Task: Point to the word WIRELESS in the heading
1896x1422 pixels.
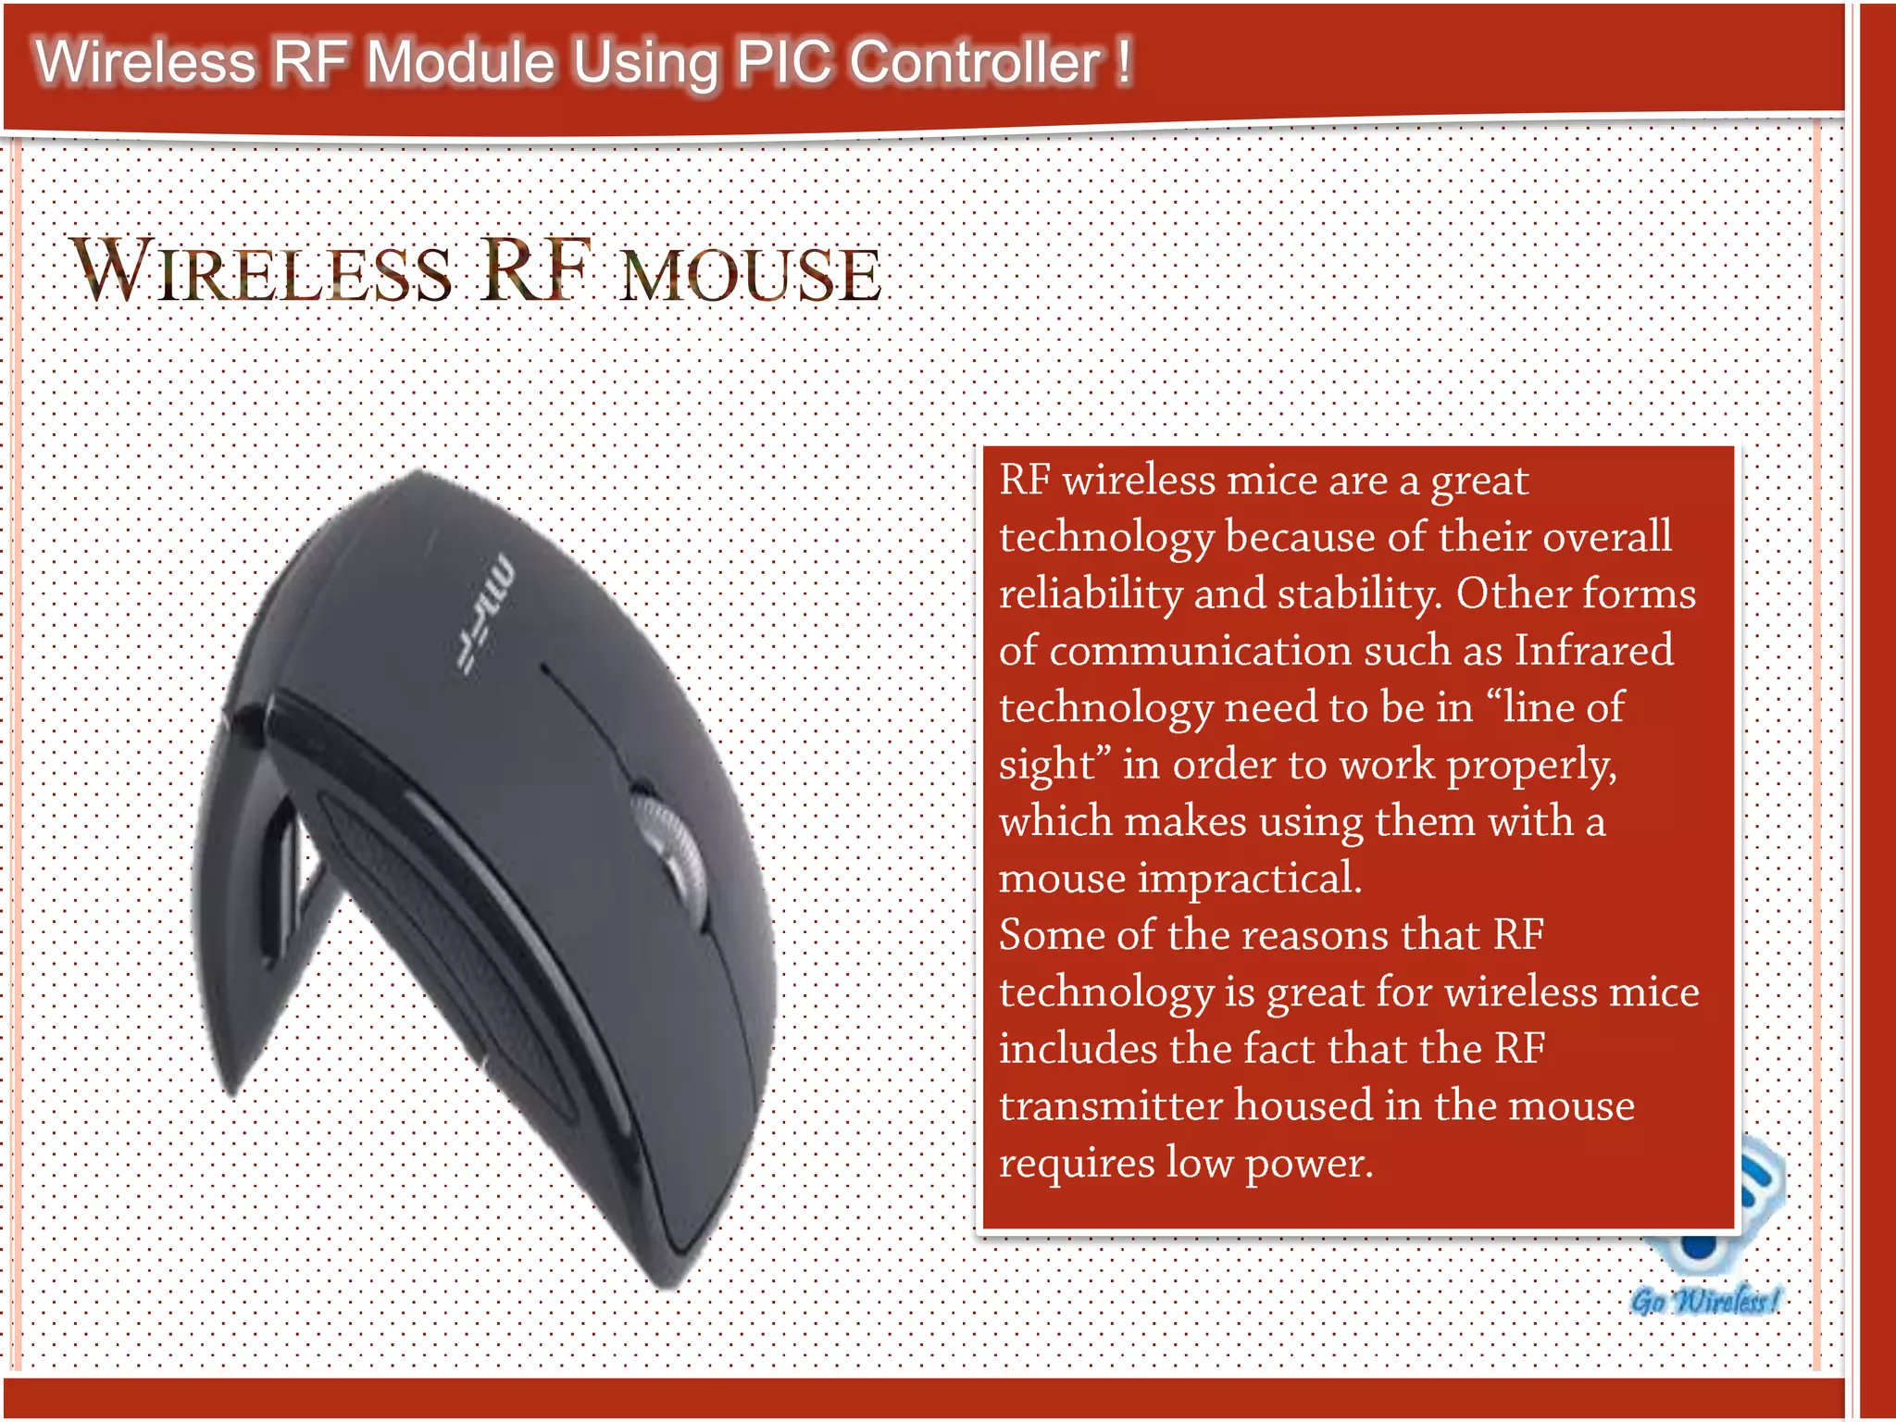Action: tap(262, 271)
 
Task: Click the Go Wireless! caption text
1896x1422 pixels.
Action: tap(1704, 1300)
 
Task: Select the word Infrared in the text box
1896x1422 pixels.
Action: tap(1593, 650)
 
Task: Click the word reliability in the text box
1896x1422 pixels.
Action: tap(1090, 593)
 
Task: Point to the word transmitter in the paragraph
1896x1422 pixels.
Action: tap(1110, 1105)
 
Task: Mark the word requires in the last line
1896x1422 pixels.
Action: tap(1076, 1163)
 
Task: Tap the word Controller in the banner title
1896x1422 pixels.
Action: tap(975, 63)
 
